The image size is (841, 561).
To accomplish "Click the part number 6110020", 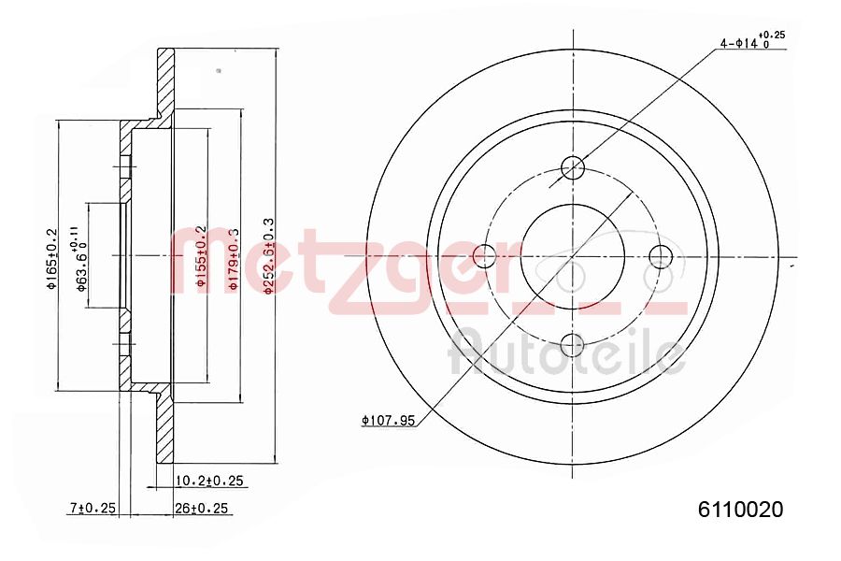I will (x=740, y=510).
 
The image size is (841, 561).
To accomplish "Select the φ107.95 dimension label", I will (x=387, y=421).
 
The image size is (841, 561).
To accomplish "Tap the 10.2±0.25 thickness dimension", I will (x=209, y=481).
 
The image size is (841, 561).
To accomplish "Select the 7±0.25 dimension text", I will (x=92, y=508).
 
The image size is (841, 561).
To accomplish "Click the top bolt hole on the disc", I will (x=572, y=168).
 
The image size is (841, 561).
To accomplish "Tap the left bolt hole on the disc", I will (x=484, y=255).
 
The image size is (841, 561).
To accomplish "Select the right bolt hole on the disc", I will (x=660, y=255).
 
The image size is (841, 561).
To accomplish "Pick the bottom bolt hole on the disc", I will (x=572, y=344).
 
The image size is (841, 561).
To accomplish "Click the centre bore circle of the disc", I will (x=572, y=255).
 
